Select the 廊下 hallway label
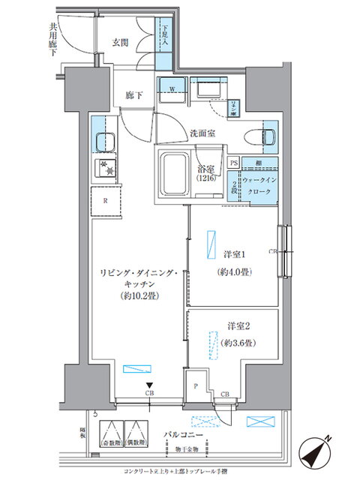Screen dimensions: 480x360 click(x=133, y=95)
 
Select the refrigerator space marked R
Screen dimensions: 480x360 click(x=106, y=200)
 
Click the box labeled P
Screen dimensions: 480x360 click(x=195, y=386)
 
